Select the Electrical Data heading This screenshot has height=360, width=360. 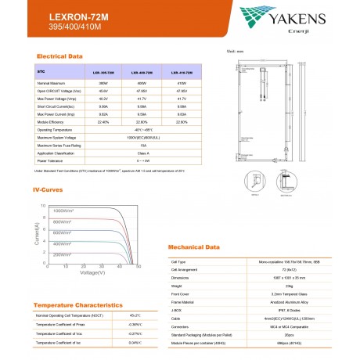coord(60,57)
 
